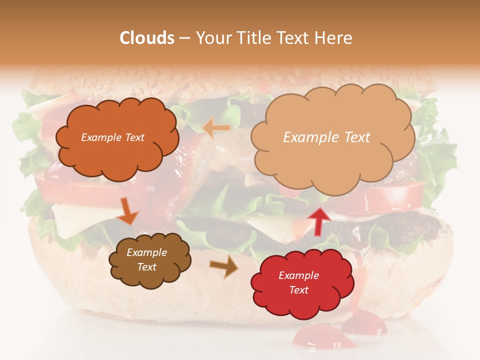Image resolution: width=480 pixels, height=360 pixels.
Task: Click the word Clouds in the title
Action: (147, 38)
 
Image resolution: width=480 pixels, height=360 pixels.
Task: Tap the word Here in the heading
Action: (334, 38)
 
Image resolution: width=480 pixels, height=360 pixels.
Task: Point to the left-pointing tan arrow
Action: (216, 128)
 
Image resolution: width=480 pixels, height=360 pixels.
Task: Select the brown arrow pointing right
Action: (224, 266)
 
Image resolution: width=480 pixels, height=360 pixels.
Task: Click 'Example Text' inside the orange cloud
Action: (112, 137)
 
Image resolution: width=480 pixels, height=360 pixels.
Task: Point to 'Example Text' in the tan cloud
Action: (326, 137)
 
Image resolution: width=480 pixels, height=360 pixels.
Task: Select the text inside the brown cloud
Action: (147, 260)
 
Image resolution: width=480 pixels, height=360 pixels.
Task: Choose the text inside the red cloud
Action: (298, 282)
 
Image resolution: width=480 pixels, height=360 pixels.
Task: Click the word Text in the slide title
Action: (296, 38)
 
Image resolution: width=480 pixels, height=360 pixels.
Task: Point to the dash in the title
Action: (184, 38)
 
